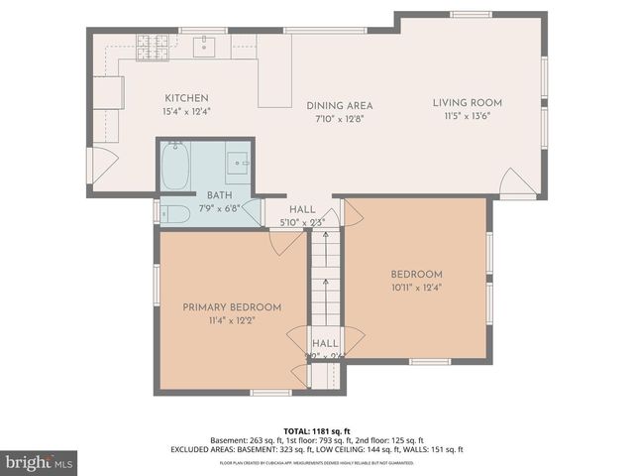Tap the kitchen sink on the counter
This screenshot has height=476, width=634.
pos(205,46)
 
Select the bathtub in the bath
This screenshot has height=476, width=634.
pos(175,166)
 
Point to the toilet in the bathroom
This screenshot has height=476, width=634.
pos(174,214)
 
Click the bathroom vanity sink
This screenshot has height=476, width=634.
pos(237,162)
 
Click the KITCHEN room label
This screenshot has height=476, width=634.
pos(186,98)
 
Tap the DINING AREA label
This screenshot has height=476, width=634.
pos(339,105)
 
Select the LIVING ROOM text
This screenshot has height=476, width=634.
pos(468,102)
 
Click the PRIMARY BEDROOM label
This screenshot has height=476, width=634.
pos(232,307)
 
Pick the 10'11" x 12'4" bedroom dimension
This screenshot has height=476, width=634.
pos(415,288)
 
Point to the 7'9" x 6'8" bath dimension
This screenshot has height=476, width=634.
pos(218,208)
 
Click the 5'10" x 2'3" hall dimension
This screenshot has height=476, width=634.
pos(302,222)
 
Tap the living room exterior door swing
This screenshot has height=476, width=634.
pos(517,181)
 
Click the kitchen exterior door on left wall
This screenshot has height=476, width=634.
pos(102,165)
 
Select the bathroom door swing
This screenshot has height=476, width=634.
pos(253,212)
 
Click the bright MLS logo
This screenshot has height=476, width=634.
pos(40,462)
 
